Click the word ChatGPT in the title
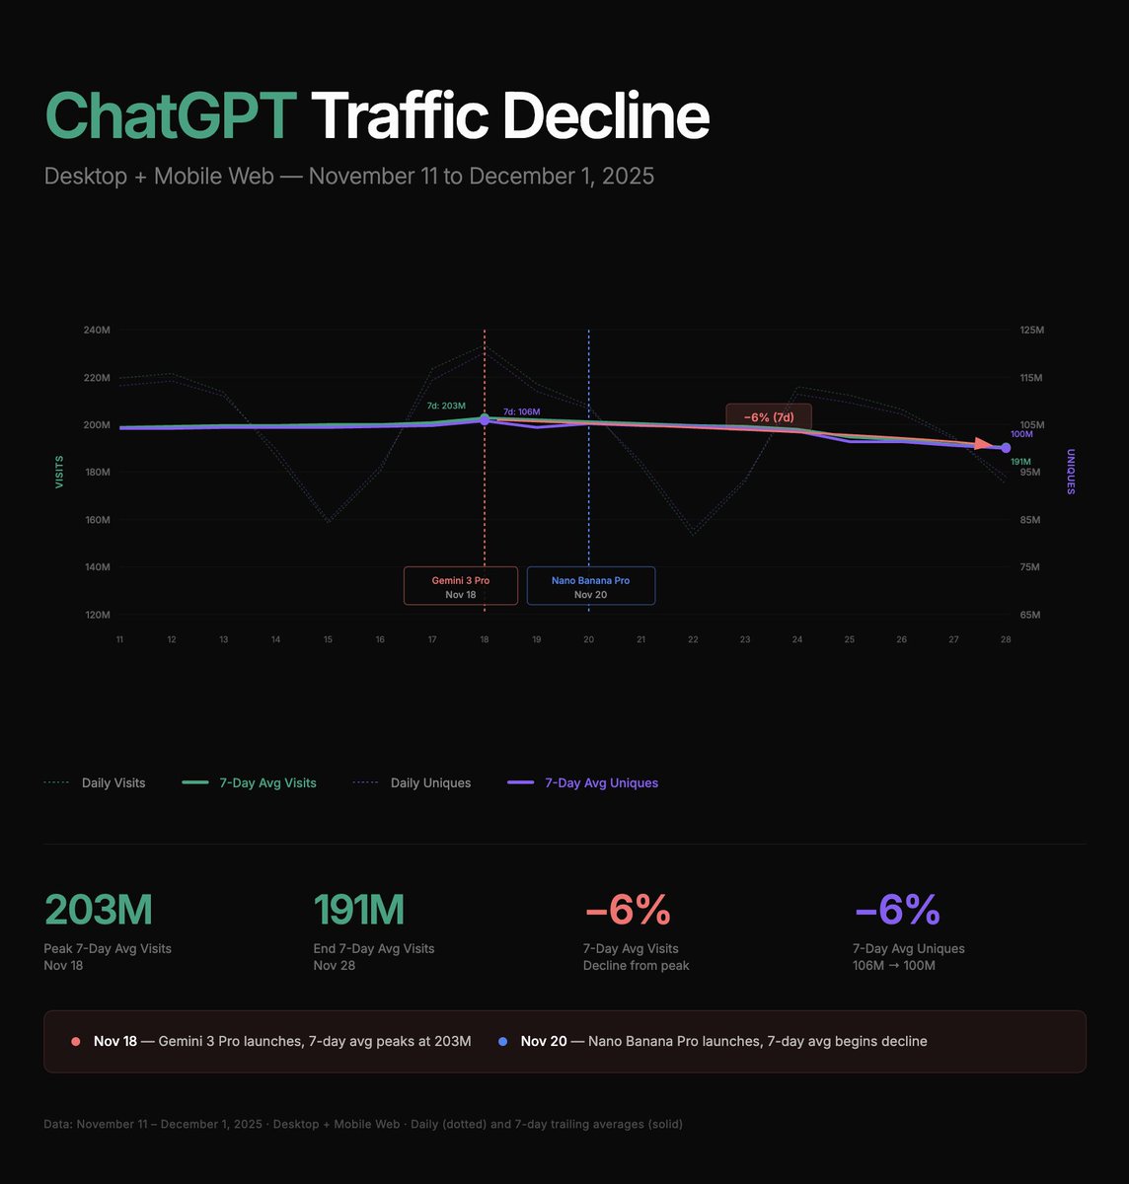(x=170, y=116)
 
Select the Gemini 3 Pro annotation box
(x=460, y=586)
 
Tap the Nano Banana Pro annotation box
(x=590, y=586)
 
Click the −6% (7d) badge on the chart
(x=769, y=417)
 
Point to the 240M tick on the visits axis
(x=97, y=330)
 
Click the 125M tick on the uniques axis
(x=1031, y=330)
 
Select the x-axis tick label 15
(x=328, y=639)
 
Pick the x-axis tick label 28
(x=1006, y=639)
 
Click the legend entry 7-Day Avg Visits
(x=267, y=783)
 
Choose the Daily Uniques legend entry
(x=430, y=783)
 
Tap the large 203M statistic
(x=99, y=910)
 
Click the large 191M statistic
(x=358, y=910)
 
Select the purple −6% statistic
(x=896, y=910)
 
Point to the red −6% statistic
(x=628, y=910)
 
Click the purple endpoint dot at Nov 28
(x=1006, y=448)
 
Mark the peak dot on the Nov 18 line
(x=485, y=420)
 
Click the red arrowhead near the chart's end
(x=982, y=444)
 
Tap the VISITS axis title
(x=59, y=472)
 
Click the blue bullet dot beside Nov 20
(x=503, y=1042)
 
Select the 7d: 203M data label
(x=446, y=406)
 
